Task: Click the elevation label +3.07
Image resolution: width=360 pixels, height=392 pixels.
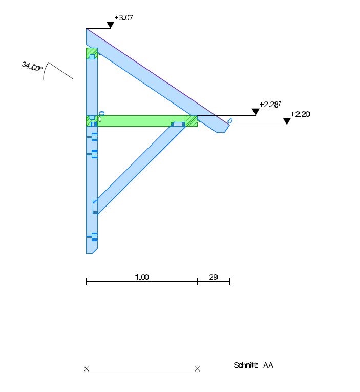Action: coord(123,18)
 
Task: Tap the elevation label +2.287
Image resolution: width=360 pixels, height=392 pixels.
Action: coord(270,104)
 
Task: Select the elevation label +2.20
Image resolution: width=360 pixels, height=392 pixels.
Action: coord(300,114)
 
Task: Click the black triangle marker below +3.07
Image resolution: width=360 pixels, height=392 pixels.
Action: coord(111,25)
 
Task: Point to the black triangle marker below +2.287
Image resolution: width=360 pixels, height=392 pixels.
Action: coord(256,112)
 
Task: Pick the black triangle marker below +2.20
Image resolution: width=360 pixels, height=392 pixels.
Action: coord(287,121)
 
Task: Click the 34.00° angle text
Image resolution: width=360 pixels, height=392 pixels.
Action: coord(32,67)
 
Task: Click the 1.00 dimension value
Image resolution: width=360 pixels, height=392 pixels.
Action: coord(142,277)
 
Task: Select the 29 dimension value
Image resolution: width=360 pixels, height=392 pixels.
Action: coord(214,277)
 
